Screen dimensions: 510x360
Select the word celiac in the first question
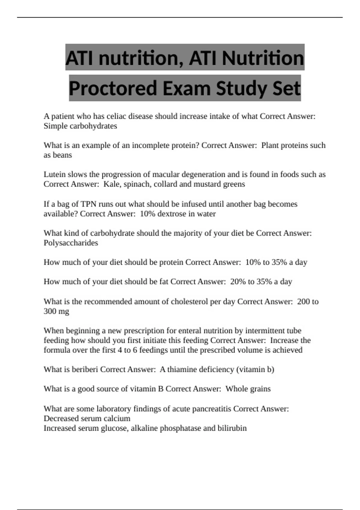[116, 116]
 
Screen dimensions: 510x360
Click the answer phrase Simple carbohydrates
[80, 126]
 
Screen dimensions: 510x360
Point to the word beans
[62, 155]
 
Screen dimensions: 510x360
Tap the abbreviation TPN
[88, 204]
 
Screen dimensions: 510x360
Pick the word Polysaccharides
[71, 243]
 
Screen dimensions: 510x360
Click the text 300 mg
[56, 311]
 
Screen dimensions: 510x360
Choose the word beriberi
[85, 369]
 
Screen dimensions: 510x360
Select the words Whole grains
[248, 389]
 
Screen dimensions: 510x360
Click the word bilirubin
[232, 428]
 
